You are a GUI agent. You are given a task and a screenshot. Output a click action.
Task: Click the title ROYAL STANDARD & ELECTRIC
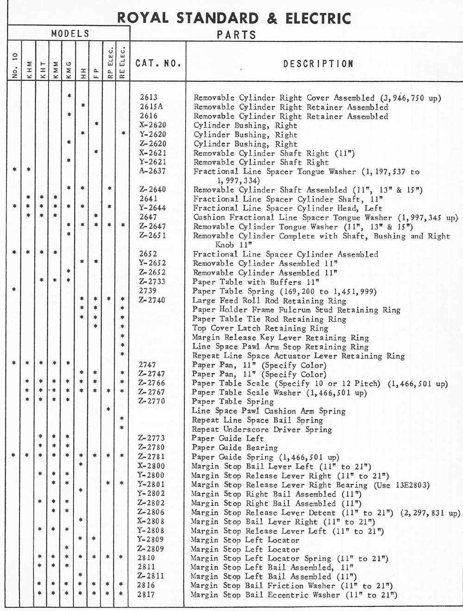pos(234,18)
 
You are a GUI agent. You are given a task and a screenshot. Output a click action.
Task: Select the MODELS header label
pos(70,33)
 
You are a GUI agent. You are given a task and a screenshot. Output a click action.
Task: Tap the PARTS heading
pos(236,35)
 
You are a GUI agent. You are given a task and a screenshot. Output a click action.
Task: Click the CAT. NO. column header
pos(158,63)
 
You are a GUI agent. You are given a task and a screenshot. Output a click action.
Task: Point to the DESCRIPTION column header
pos(318,64)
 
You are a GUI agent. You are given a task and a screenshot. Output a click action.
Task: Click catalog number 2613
pos(149,98)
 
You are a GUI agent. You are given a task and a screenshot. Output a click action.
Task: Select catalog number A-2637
pos(152,171)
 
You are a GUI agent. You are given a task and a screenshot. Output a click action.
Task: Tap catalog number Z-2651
pos(152,235)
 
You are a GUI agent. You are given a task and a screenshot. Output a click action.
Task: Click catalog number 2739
pos(148,291)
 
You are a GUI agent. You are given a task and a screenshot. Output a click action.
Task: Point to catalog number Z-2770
pos(151,401)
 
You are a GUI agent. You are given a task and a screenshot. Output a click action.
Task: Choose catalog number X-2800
pos(151,466)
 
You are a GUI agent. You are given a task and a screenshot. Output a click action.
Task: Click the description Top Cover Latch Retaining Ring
pos(260,328)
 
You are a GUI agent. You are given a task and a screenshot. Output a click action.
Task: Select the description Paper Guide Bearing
pos(235,448)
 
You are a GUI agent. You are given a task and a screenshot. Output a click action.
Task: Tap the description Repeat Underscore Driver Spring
pos(262,429)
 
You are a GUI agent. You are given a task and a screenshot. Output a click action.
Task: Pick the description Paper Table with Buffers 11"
pos(256,282)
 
